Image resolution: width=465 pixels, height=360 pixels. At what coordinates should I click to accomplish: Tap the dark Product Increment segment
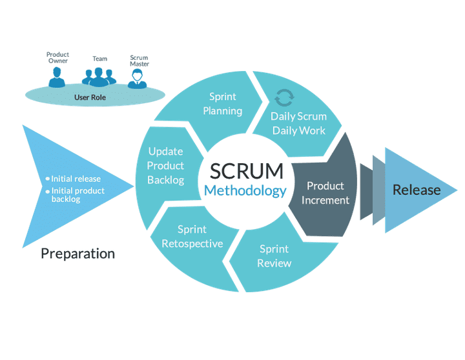325,193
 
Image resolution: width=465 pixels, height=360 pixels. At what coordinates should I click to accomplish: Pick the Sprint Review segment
274,255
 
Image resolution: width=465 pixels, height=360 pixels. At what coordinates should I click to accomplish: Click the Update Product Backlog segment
165,166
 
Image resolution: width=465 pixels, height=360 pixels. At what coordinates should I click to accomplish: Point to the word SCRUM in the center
246,171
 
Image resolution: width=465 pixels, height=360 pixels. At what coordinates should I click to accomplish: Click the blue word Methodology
245,191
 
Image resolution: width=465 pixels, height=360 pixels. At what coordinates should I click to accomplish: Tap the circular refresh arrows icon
284,97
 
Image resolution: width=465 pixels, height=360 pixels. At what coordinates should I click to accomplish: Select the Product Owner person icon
57,79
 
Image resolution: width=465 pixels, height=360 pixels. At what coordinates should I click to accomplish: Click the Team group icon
98,77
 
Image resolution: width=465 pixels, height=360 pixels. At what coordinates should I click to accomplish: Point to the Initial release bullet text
76,179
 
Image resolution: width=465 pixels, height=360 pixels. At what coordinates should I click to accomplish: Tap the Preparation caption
77,254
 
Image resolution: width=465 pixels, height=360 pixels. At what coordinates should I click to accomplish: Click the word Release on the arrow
417,190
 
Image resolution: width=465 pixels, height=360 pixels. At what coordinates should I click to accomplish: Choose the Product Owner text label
57,57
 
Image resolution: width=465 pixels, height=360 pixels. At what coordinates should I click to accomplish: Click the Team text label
99,59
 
